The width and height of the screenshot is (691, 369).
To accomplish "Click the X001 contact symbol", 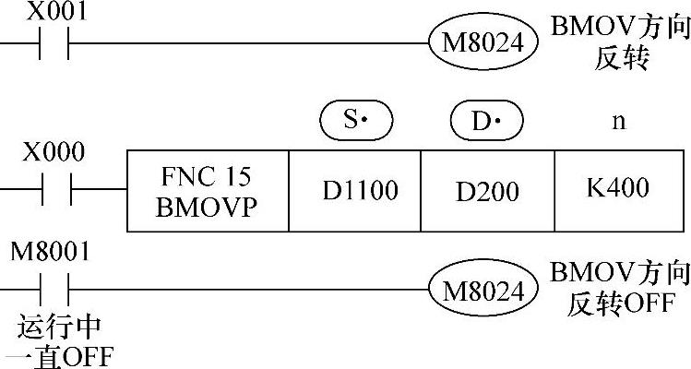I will point(54,43).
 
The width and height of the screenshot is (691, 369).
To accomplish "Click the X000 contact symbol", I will point(54,189).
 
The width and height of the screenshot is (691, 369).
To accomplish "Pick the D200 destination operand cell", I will point(487,190).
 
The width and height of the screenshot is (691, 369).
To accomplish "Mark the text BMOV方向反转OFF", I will point(620,288).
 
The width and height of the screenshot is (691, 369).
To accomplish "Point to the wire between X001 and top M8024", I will point(249,43).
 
